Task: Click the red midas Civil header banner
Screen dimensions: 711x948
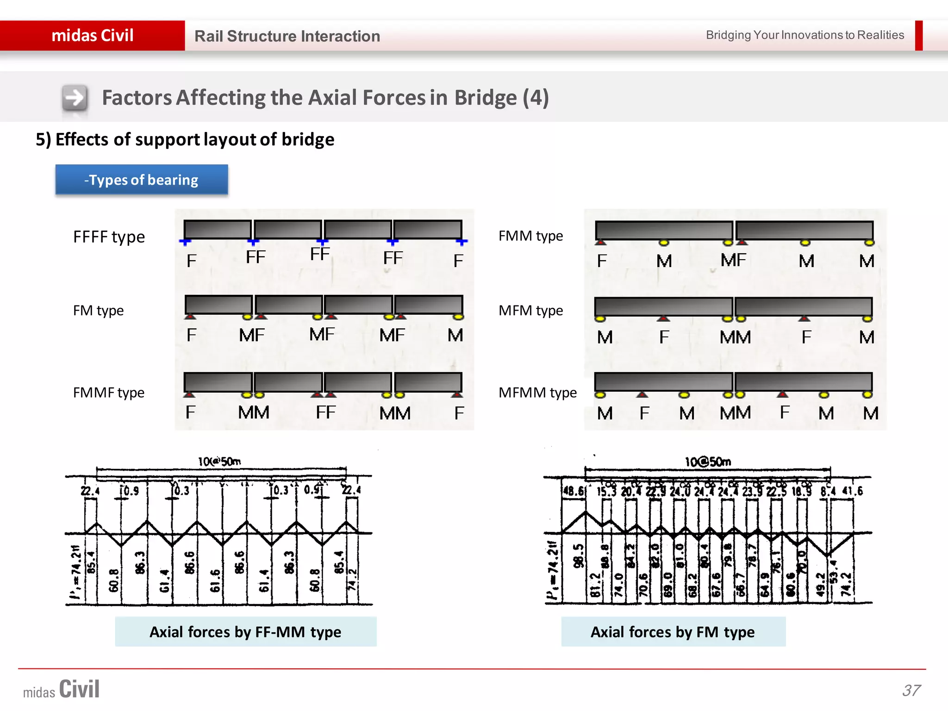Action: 93,36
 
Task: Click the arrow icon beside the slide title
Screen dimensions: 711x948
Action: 75,98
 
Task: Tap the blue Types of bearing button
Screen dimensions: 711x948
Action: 142,180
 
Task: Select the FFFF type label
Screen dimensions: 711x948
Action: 109,237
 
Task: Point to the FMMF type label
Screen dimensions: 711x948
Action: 109,393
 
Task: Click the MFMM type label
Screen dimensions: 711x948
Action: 537,393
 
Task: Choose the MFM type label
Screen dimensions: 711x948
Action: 530,310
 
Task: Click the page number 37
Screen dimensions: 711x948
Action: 911,690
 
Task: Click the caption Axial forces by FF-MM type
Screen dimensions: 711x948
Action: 245,632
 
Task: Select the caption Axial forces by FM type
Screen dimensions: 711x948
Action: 673,632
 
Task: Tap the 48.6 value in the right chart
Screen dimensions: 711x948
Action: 573,491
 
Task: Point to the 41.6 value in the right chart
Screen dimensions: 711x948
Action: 852,491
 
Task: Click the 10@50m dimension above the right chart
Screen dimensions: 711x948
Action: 708,462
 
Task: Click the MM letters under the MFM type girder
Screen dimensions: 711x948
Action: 735,337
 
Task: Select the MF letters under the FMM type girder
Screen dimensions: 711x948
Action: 733,260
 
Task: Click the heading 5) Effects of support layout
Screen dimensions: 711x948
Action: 185,139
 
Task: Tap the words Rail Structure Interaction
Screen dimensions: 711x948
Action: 287,36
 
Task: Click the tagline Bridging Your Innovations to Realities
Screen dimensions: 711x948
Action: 805,35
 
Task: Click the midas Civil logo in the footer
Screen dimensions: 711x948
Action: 62,689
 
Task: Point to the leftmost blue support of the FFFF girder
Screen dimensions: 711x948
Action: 185,242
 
